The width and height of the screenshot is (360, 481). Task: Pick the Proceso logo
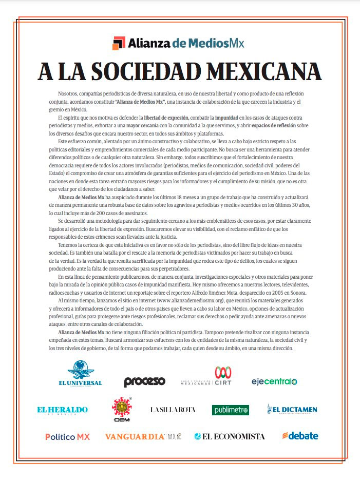[x=144, y=381]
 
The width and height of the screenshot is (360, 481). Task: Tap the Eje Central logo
[x=274, y=381]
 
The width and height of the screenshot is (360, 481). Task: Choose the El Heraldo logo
[x=62, y=410]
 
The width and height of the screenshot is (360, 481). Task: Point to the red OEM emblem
[x=122, y=408]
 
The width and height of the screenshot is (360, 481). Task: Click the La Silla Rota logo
[x=173, y=410]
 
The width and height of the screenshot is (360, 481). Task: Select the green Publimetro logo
[x=231, y=410]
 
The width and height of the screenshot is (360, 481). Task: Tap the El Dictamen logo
[x=292, y=409]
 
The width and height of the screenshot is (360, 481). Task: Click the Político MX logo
[x=67, y=437]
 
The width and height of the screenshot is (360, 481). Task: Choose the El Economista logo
[x=230, y=436]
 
